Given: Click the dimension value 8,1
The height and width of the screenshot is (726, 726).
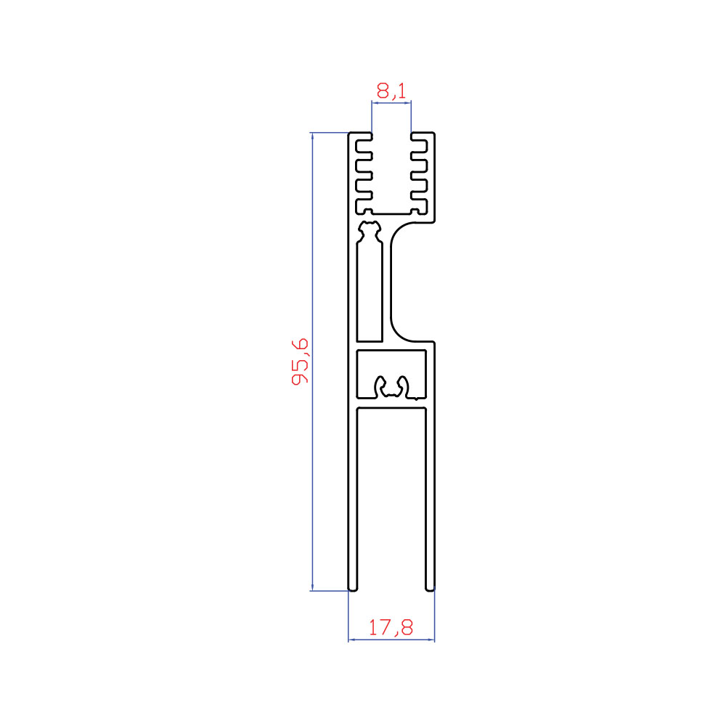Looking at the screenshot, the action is click(391, 91).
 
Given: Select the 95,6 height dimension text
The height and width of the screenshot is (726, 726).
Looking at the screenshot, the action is click(300, 362).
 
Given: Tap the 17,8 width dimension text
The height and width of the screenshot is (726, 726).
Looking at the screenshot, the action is click(391, 627).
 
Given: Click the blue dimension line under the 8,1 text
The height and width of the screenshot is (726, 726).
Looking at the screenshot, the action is click(391, 103).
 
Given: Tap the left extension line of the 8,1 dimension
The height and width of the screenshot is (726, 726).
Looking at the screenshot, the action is click(372, 116).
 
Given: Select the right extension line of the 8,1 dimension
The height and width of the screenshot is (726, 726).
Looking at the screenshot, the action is click(411, 116).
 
